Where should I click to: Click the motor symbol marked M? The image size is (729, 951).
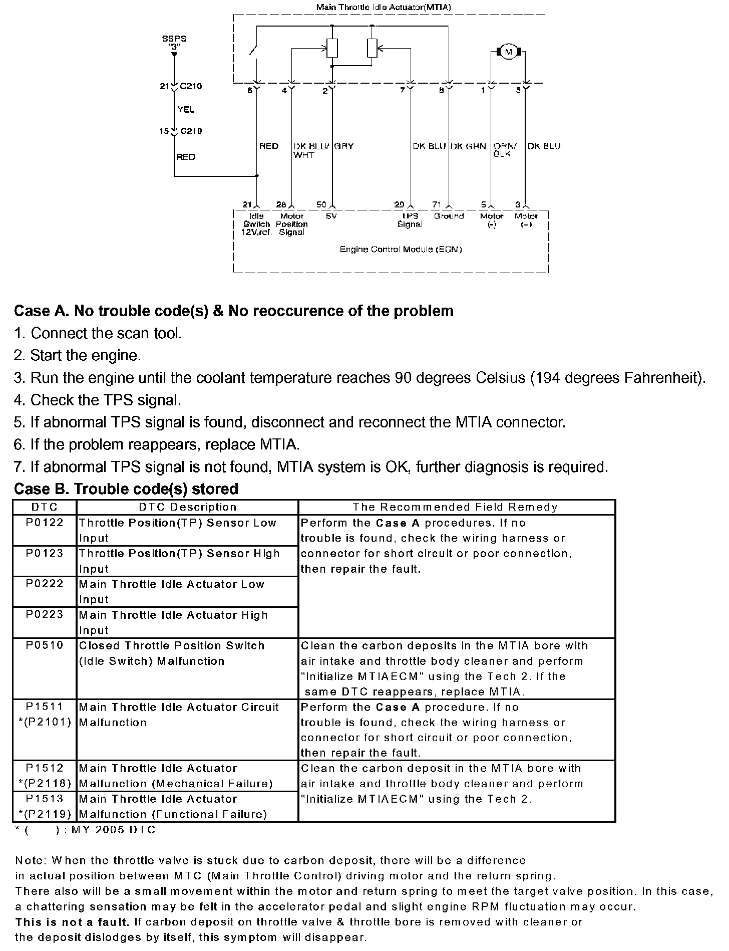click(x=509, y=52)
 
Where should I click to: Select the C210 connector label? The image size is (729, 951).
click(x=191, y=86)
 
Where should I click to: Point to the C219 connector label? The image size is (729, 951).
click(x=191, y=131)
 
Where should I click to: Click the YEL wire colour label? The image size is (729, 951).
click(x=186, y=110)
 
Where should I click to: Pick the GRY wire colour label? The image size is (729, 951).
click(x=344, y=146)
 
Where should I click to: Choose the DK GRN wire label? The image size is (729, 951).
click(x=468, y=146)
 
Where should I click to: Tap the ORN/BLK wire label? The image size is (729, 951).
click(x=505, y=150)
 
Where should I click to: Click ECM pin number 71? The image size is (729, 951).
click(x=437, y=204)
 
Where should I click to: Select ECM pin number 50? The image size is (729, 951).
click(x=321, y=204)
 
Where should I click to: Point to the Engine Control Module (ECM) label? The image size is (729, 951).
click(x=401, y=249)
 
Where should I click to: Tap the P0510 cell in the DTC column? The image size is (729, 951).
click(x=45, y=645)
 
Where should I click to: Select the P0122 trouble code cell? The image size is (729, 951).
click(x=45, y=523)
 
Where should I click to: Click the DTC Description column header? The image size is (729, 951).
click(x=187, y=507)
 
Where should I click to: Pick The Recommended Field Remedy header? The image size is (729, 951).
click(x=455, y=507)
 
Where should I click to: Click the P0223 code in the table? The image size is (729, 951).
click(x=45, y=615)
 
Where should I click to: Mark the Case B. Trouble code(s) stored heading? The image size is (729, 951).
click(x=126, y=489)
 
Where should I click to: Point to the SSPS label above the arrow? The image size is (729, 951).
click(x=174, y=39)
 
